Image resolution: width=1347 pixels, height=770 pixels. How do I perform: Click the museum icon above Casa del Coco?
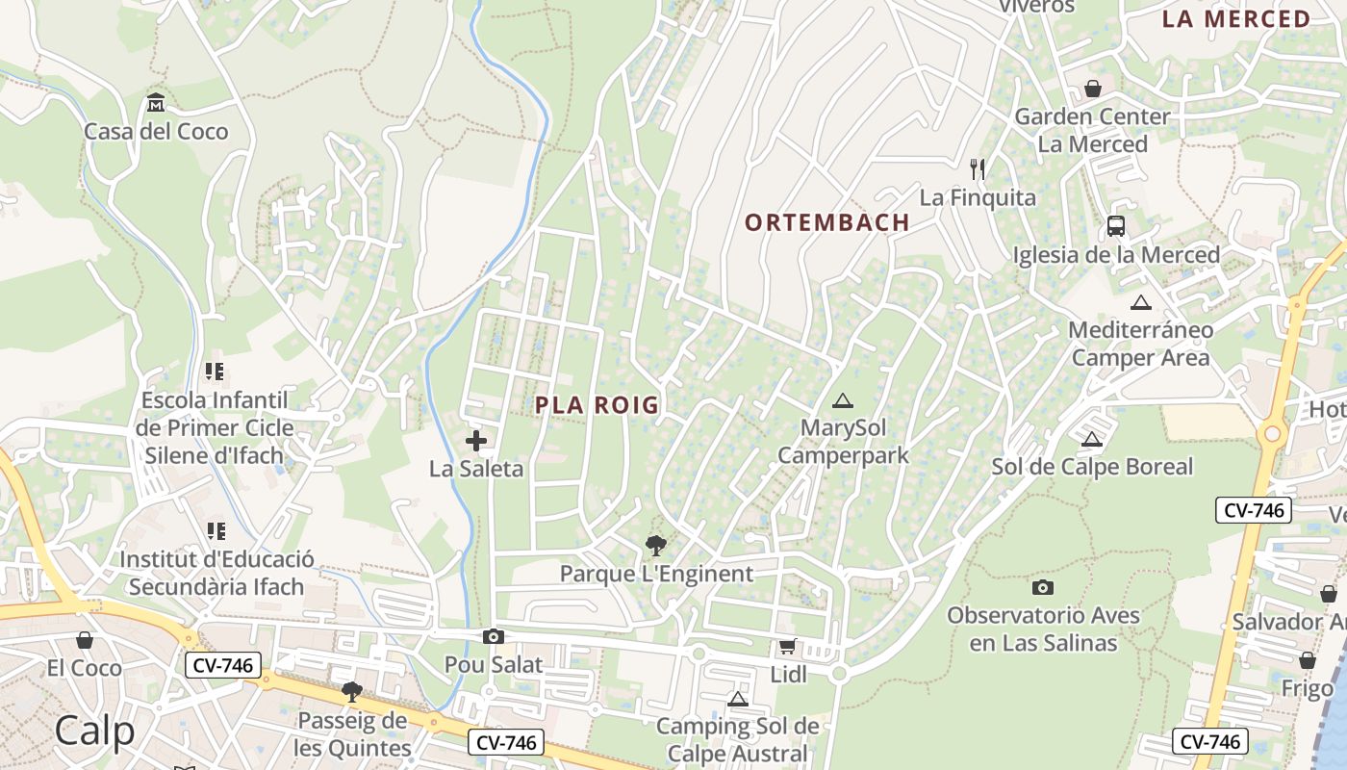click(156, 102)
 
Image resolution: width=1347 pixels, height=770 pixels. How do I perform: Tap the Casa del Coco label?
click(156, 132)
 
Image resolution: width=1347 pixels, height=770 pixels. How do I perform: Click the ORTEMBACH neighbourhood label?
click(827, 222)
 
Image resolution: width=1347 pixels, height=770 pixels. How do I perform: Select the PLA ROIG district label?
click(597, 405)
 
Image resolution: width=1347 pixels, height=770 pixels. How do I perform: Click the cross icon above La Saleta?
click(476, 441)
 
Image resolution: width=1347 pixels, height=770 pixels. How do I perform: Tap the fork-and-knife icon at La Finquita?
click(978, 169)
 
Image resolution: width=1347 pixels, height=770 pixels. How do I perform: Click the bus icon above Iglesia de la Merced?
click(1116, 226)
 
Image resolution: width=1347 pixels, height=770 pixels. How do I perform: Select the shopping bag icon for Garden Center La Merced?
click(1093, 89)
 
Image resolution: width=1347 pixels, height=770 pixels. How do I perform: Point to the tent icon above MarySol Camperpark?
click(843, 400)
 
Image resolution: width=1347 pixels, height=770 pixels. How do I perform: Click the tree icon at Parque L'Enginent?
click(656, 546)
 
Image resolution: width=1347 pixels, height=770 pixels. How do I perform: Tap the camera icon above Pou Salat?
click(494, 636)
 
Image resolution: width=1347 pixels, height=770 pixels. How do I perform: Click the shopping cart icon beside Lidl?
click(788, 646)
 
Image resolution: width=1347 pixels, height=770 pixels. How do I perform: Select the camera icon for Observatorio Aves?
click(1043, 587)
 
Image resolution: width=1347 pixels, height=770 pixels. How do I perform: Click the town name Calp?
click(94, 731)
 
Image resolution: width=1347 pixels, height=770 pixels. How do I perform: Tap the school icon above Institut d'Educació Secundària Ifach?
click(216, 530)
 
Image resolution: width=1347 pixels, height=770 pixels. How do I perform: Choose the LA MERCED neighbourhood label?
click(1236, 19)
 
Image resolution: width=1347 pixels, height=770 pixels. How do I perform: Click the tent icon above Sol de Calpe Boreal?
click(1091, 440)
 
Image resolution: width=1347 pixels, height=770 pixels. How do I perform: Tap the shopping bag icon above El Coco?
click(85, 639)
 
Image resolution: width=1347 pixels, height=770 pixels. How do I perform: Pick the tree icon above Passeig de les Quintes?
click(352, 691)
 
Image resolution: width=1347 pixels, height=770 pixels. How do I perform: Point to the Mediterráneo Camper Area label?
click(1140, 344)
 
